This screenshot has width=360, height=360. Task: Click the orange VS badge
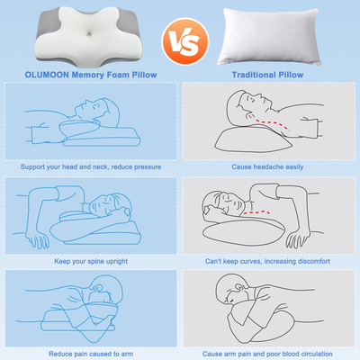tap(179, 41)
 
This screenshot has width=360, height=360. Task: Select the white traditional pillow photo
tap(267, 34)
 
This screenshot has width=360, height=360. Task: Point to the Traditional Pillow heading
tap(267, 75)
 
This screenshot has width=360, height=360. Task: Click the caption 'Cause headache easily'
tap(267, 166)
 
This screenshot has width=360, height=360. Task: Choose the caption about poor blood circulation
tap(267, 354)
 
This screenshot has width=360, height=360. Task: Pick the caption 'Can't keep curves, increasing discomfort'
tap(267, 260)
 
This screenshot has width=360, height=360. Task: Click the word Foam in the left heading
tap(115, 75)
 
